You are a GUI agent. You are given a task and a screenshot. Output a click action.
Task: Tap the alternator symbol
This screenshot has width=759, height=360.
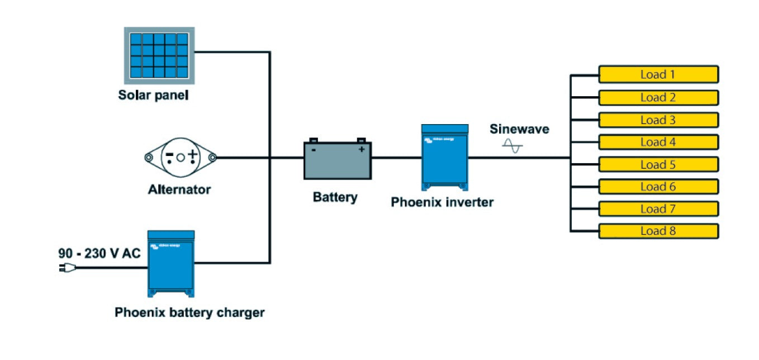180,158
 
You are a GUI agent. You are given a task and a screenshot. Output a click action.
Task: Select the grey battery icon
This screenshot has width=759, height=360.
337,160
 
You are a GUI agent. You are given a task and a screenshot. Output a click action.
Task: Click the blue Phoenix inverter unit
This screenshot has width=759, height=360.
444,157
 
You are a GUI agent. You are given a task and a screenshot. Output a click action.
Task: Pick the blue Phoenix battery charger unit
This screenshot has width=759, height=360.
171,263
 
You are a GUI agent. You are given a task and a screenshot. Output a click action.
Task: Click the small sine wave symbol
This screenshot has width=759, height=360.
513,146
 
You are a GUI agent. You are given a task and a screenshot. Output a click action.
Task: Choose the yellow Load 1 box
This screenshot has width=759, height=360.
658,74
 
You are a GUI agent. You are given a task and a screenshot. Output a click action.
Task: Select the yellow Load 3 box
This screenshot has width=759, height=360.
658,120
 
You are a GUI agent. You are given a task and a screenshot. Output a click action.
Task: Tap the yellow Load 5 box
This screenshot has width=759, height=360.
658,164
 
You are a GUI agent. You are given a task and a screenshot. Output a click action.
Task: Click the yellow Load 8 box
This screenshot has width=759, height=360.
658,231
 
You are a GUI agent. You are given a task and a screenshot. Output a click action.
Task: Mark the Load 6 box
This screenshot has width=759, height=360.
658,187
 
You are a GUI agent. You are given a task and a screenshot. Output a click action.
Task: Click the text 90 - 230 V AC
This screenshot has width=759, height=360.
99,253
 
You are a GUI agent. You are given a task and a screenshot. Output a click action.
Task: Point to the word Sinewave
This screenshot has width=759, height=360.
519,129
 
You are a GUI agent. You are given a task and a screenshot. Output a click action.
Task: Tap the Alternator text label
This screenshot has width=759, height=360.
179,190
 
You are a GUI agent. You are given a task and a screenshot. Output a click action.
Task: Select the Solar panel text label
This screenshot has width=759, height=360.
153,94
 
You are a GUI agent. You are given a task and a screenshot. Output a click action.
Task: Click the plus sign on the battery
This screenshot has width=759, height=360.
361,149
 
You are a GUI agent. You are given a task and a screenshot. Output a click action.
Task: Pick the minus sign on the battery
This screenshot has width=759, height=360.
314,150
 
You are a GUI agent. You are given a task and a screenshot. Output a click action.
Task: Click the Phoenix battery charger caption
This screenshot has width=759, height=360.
189,312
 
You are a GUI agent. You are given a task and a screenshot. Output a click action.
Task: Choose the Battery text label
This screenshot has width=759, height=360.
335,197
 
